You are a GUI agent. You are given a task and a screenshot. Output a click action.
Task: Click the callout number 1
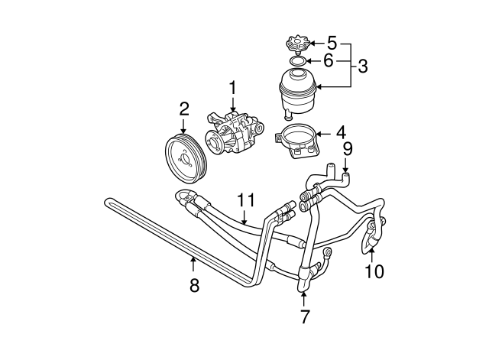coord(233,89)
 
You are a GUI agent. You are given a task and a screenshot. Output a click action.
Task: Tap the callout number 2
coord(184,109)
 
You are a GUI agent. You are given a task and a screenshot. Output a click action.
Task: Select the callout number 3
coord(363,66)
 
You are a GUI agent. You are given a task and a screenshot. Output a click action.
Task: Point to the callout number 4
coord(342,132)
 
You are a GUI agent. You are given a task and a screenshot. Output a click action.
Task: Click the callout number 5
coord(332,43)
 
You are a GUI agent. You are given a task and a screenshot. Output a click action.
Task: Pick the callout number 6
coord(329,60)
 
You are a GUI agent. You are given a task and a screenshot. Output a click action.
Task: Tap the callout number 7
coord(304,316)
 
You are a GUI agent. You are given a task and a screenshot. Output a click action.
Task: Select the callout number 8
coord(194,285)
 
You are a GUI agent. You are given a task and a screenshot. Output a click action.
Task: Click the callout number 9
coord(348,149)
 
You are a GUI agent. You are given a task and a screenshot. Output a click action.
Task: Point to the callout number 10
coord(374,271)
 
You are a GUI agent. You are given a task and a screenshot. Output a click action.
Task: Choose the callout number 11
coord(246,200)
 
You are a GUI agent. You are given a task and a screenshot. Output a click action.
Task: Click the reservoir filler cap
coord(298,44)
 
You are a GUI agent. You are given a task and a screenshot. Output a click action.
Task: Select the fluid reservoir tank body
coord(297,92)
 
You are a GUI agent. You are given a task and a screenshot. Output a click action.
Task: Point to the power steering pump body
coord(234,131)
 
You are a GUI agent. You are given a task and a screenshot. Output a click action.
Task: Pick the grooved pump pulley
coord(185,160)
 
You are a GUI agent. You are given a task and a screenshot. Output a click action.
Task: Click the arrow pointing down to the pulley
coord(183,125)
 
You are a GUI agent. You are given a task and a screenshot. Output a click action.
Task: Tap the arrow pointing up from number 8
coord(193,267)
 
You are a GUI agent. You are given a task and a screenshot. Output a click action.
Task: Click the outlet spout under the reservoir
coord(287,115)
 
